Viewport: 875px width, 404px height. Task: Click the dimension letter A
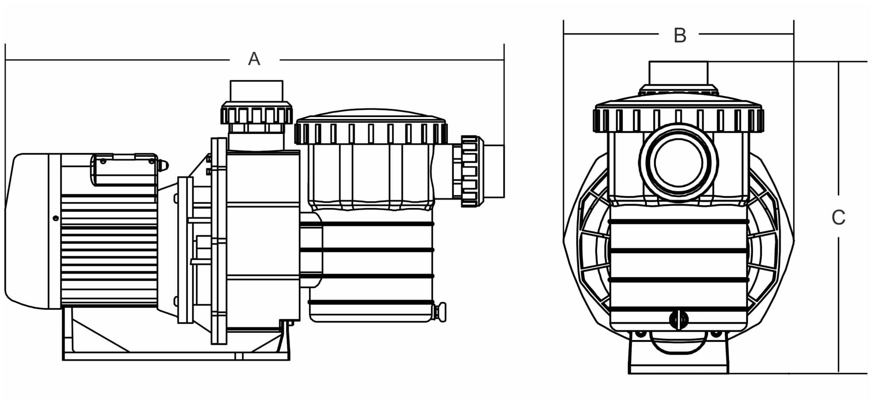tap(254, 59)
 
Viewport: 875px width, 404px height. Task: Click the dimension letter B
tap(680, 35)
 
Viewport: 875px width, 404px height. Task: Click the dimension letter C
tap(838, 218)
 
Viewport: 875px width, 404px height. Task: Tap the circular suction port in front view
tap(679, 162)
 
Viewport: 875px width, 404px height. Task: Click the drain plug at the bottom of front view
tap(679, 320)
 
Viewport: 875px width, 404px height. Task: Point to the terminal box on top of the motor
tap(124, 169)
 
